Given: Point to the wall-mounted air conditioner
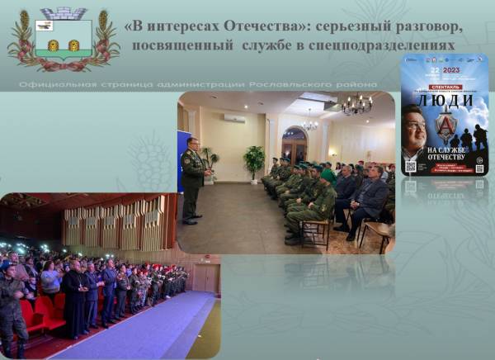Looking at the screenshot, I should coord(234,118).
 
